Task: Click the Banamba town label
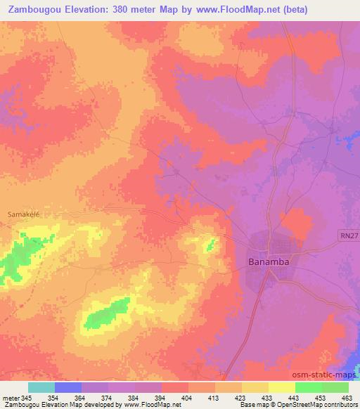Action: coord(269,262)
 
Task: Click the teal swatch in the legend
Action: coord(41,387)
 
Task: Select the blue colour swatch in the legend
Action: coord(68,387)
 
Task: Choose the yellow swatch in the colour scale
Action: coord(281,387)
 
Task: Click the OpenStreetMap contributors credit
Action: coord(317,405)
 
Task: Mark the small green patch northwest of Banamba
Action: coord(210,245)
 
